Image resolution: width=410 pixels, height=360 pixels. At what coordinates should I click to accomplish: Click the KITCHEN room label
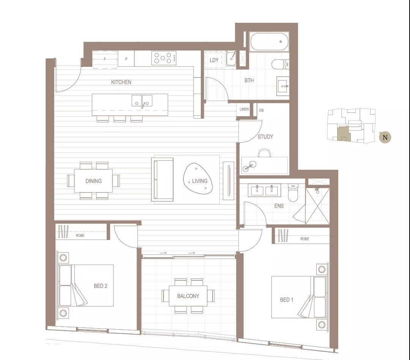click(121, 82)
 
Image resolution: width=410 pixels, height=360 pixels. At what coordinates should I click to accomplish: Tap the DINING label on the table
click(93, 181)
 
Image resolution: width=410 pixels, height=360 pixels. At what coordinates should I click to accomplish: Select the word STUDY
click(265, 137)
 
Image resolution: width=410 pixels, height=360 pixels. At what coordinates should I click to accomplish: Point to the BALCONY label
click(188, 296)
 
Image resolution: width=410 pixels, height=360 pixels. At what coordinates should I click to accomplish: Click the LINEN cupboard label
click(244, 109)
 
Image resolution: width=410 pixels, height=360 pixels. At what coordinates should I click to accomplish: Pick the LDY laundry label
click(214, 60)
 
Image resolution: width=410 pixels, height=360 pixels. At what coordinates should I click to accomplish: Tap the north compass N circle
click(385, 137)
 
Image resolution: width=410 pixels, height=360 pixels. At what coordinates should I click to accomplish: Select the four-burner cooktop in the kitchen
click(164, 58)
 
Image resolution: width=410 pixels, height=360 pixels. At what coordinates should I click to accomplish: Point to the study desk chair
click(264, 153)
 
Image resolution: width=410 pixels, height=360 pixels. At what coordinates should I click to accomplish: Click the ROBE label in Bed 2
click(80, 235)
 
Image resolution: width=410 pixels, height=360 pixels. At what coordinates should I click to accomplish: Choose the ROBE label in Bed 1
click(304, 239)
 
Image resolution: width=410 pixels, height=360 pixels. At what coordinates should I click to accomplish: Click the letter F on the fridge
click(105, 59)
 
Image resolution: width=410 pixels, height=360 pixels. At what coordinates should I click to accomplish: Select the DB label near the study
click(262, 111)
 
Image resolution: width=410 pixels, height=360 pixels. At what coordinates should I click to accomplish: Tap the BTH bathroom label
click(249, 81)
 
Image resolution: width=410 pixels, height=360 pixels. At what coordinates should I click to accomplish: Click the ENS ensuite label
click(279, 206)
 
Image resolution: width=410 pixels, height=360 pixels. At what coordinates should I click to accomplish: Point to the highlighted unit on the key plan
click(342, 134)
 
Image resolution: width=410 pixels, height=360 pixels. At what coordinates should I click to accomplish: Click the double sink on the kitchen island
click(142, 101)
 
